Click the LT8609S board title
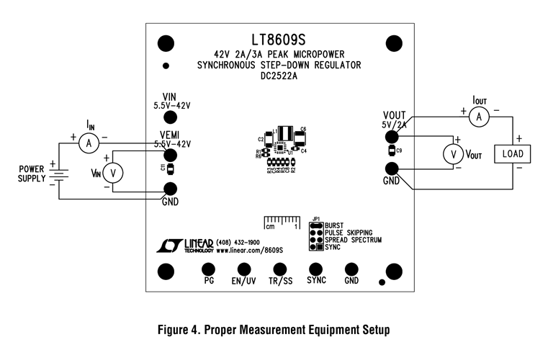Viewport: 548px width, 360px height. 280,39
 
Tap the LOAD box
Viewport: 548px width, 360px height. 512,154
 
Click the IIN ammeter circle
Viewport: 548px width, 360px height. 89,143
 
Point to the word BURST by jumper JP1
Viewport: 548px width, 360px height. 336,225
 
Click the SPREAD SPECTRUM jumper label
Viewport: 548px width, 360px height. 353,239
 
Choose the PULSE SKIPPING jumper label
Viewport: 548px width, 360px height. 349,232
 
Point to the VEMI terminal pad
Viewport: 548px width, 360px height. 171,155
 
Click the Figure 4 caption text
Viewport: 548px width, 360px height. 274,330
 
